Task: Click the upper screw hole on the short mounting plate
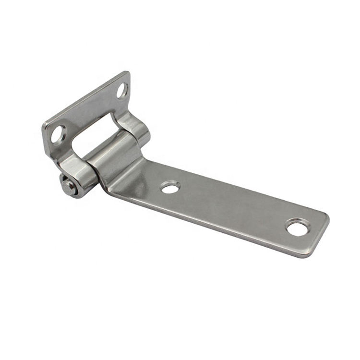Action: tap(122, 90)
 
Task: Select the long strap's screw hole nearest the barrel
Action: tap(170, 187)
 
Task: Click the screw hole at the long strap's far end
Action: tap(297, 227)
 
